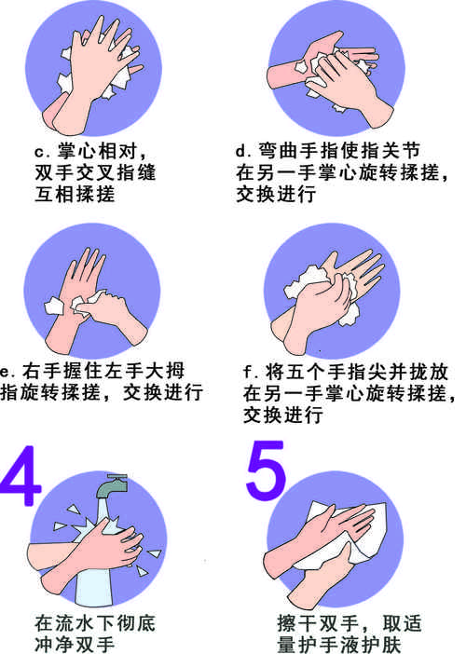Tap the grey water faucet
pyautogui.click(x=113, y=487)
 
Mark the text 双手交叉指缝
pyautogui.click(x=95, y=172)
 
